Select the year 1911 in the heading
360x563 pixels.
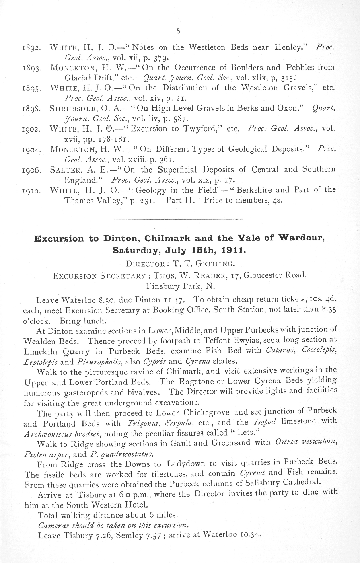pos(233,250)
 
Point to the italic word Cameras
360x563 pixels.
pos(52,526)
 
